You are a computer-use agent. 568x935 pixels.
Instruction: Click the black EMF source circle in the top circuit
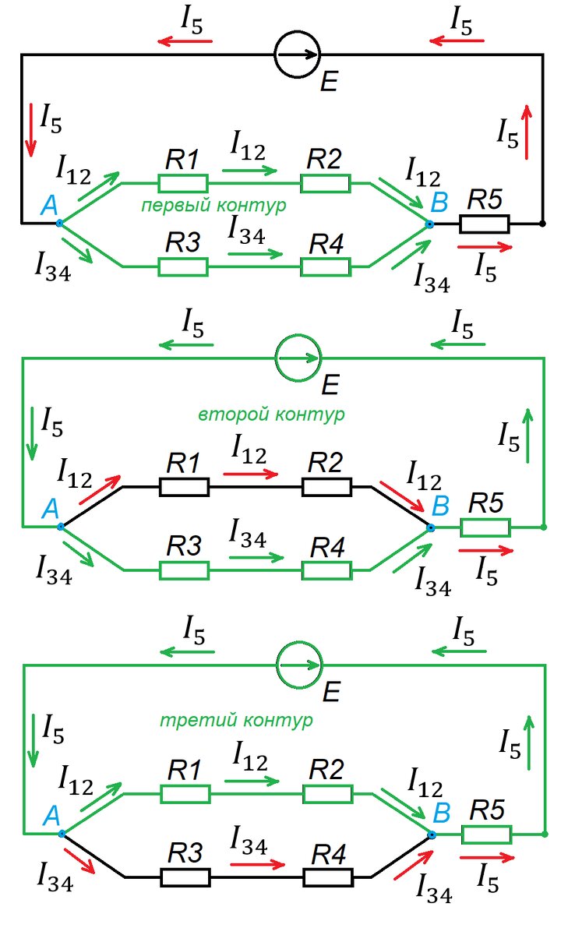coord(298,54)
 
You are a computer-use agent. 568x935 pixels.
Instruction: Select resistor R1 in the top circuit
coord(183,184)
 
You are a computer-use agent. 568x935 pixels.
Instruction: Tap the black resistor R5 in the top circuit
coord(484,224)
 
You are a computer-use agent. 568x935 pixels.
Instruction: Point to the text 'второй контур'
coord(270,415)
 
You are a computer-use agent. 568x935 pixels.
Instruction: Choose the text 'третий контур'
coord(236,721)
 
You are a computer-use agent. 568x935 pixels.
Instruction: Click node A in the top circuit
coord(59,223)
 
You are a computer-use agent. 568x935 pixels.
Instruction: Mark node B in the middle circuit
coord(430,527)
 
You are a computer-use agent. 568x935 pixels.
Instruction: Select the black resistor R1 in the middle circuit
coord(185,488)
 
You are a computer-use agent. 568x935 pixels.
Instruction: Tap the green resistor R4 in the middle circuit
coord(326,570)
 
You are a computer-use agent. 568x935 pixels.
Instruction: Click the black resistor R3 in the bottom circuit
coord(185,877)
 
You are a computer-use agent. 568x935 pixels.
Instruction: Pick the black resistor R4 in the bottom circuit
coord(328,877)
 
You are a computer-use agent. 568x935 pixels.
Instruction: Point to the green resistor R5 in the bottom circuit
coord(487,835)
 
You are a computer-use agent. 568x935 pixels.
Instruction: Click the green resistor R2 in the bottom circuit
coord(327,794)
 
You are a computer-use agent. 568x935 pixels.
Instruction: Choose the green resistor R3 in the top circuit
coord(183,266)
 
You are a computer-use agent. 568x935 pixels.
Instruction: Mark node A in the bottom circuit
coord(61,834)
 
